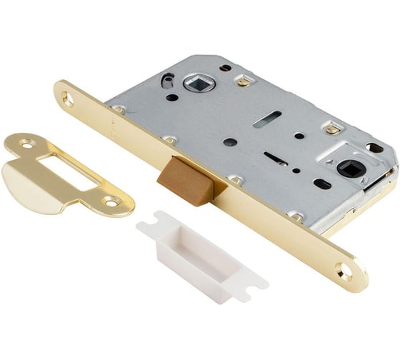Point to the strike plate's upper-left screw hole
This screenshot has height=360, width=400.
point(26,144)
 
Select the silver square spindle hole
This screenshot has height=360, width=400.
point(198,84)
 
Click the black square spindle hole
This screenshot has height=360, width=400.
point(351,169)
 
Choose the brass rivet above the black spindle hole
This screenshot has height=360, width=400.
point(331,129)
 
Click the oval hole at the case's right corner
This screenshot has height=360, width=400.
point(374,148)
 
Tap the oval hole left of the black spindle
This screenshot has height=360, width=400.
point(322,184)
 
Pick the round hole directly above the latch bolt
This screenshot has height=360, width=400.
point(230,142)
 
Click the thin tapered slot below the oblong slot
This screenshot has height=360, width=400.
point(275,157)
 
